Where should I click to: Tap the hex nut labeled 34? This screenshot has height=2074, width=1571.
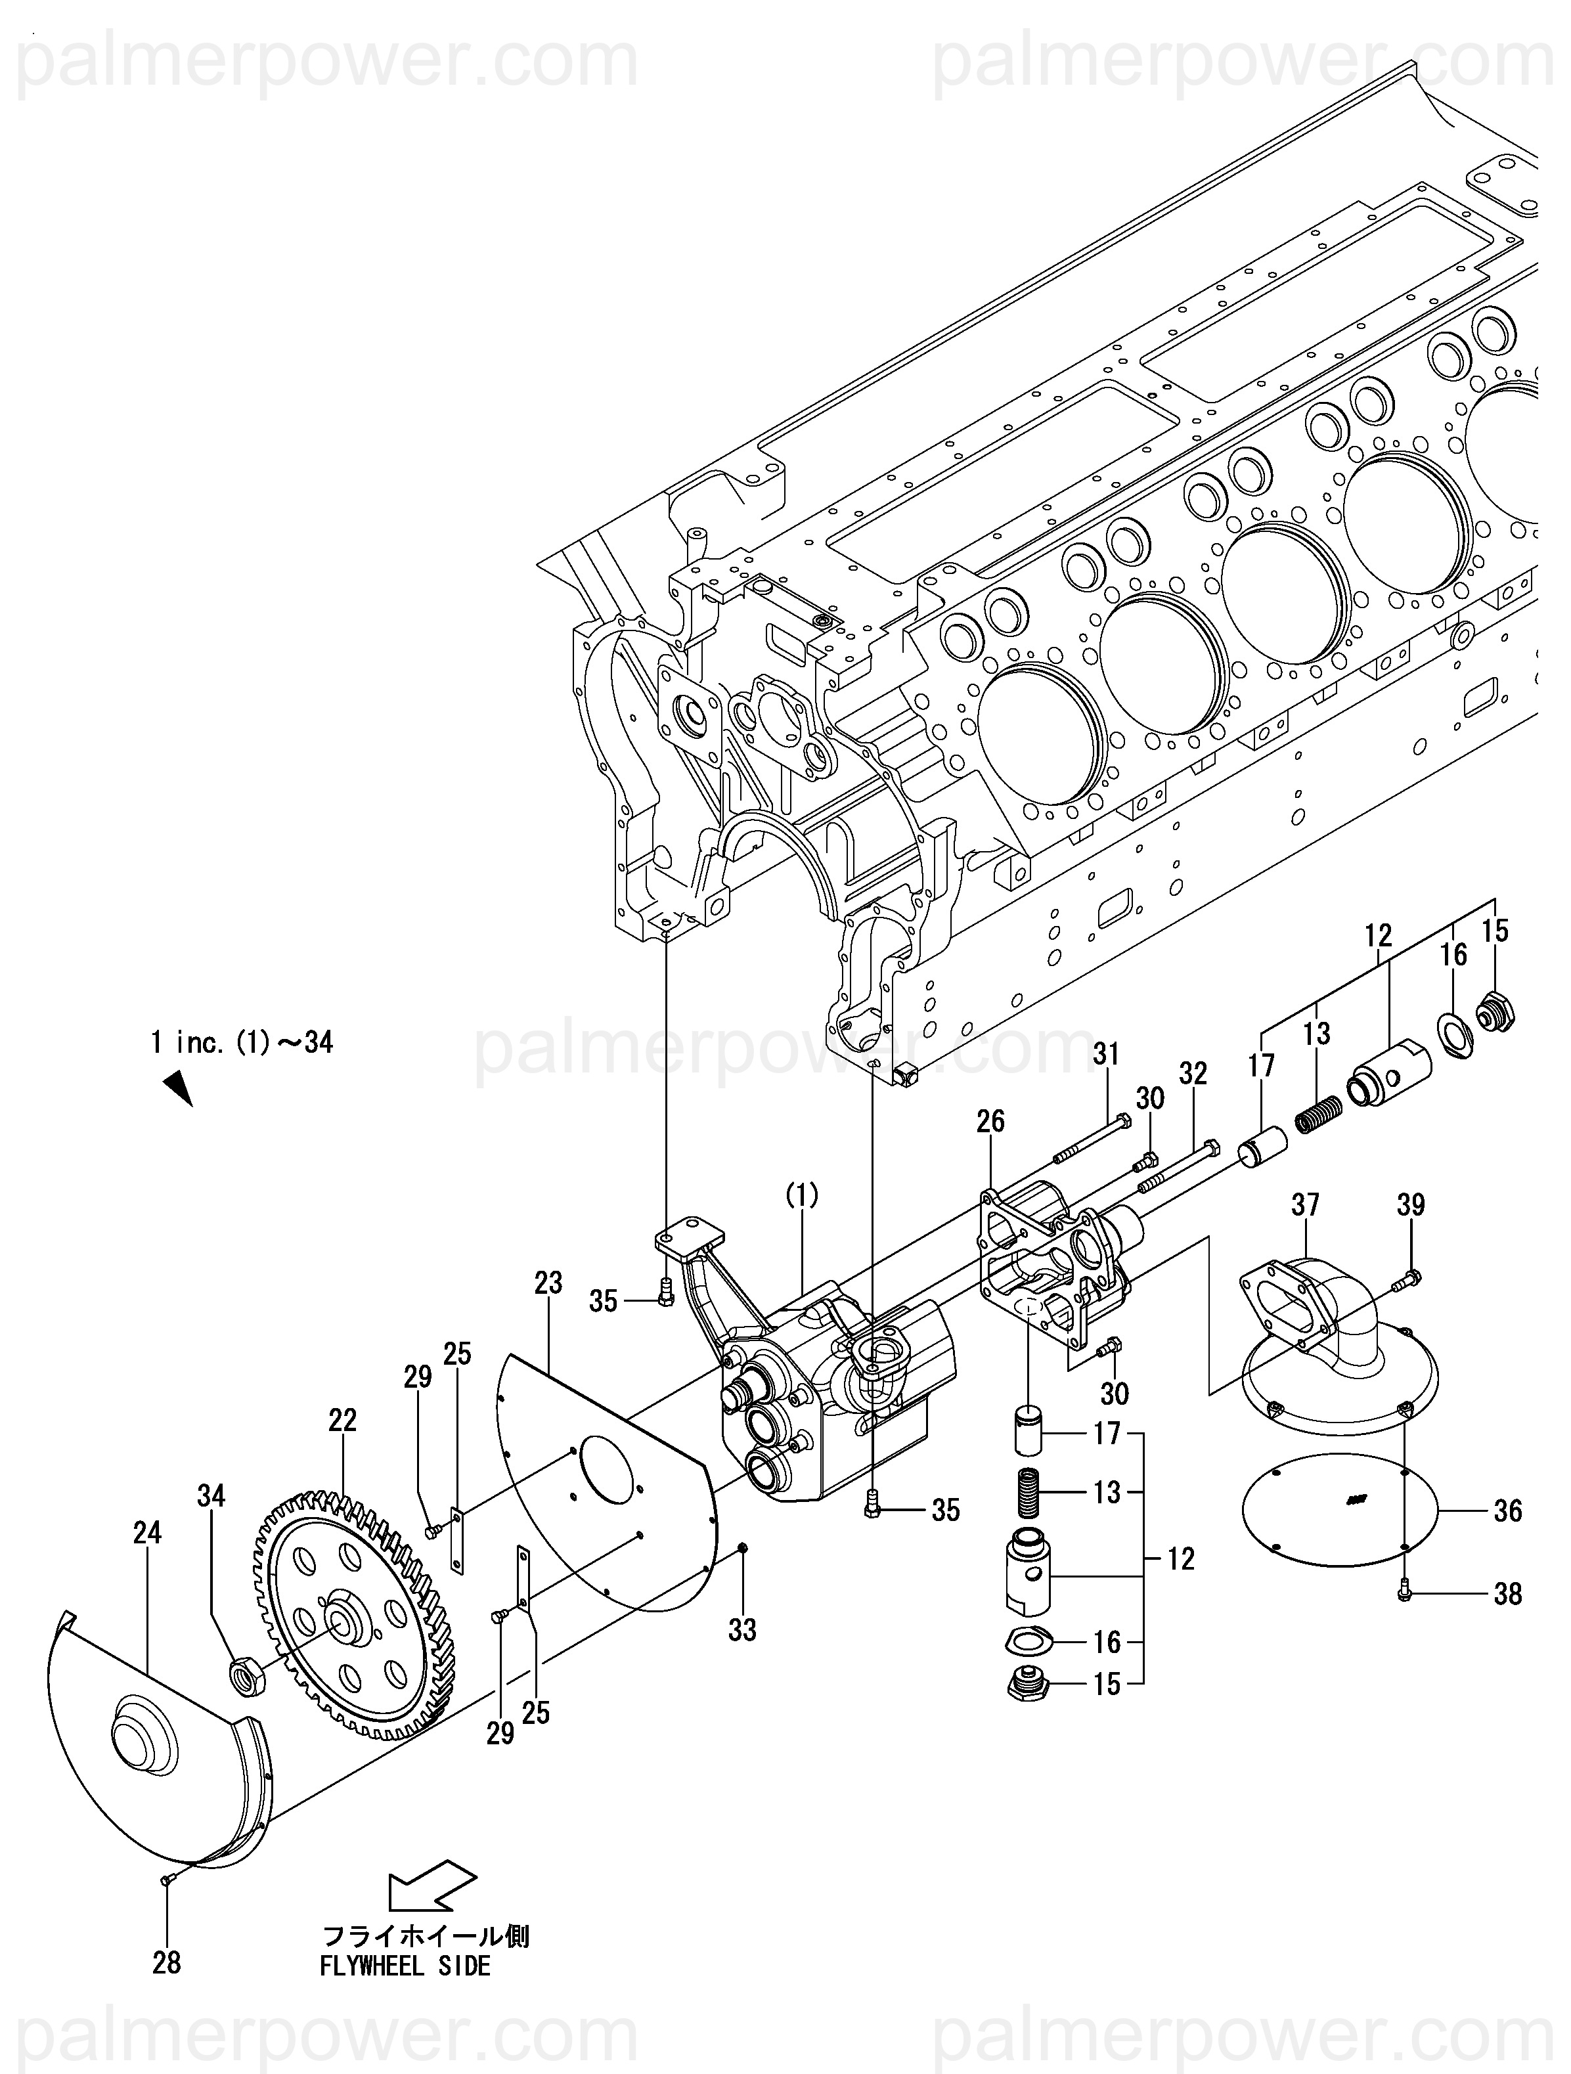248,1675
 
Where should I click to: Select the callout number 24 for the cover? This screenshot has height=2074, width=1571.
147,1532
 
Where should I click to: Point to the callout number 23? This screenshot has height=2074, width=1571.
548,1282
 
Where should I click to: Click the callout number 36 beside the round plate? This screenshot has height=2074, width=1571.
1507,1511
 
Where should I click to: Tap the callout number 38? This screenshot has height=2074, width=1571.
1507,1593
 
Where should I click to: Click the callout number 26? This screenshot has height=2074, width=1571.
990,1120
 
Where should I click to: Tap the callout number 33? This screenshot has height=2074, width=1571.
742,1631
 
